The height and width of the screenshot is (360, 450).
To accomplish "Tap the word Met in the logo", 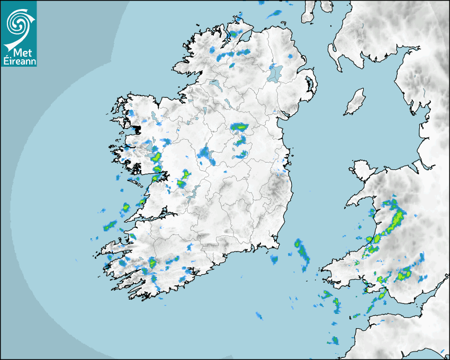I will click(x=21, y=52).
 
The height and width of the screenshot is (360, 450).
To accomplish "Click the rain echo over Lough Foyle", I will click(x=233, y=34).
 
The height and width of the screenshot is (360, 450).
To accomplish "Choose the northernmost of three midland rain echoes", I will click(x=239, y=127).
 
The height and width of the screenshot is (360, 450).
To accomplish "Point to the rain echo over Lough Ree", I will click(x=204, y=154).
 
